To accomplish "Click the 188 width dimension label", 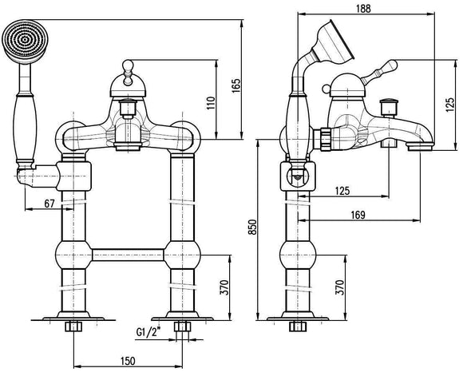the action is coord(363,8).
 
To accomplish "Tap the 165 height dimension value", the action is coord(236,86).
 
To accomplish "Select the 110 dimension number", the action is coord(211,103).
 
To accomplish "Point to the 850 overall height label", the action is coord(252,227).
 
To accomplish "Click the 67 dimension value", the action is coord(49,204).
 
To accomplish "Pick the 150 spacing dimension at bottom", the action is coord(128,361).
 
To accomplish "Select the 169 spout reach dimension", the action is coord(358,215).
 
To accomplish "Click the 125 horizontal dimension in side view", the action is coord(342,191).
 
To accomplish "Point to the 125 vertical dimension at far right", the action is coord(450,105).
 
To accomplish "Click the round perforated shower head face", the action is coord(24,41).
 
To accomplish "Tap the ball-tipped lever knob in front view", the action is coord(128,64).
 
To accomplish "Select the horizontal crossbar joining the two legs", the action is coord(128,255).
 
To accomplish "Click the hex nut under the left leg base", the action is coord(73,326).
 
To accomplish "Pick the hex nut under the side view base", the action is coord(298,326).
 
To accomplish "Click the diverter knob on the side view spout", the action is coord(389,107).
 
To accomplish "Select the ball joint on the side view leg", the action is coord(298,255).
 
